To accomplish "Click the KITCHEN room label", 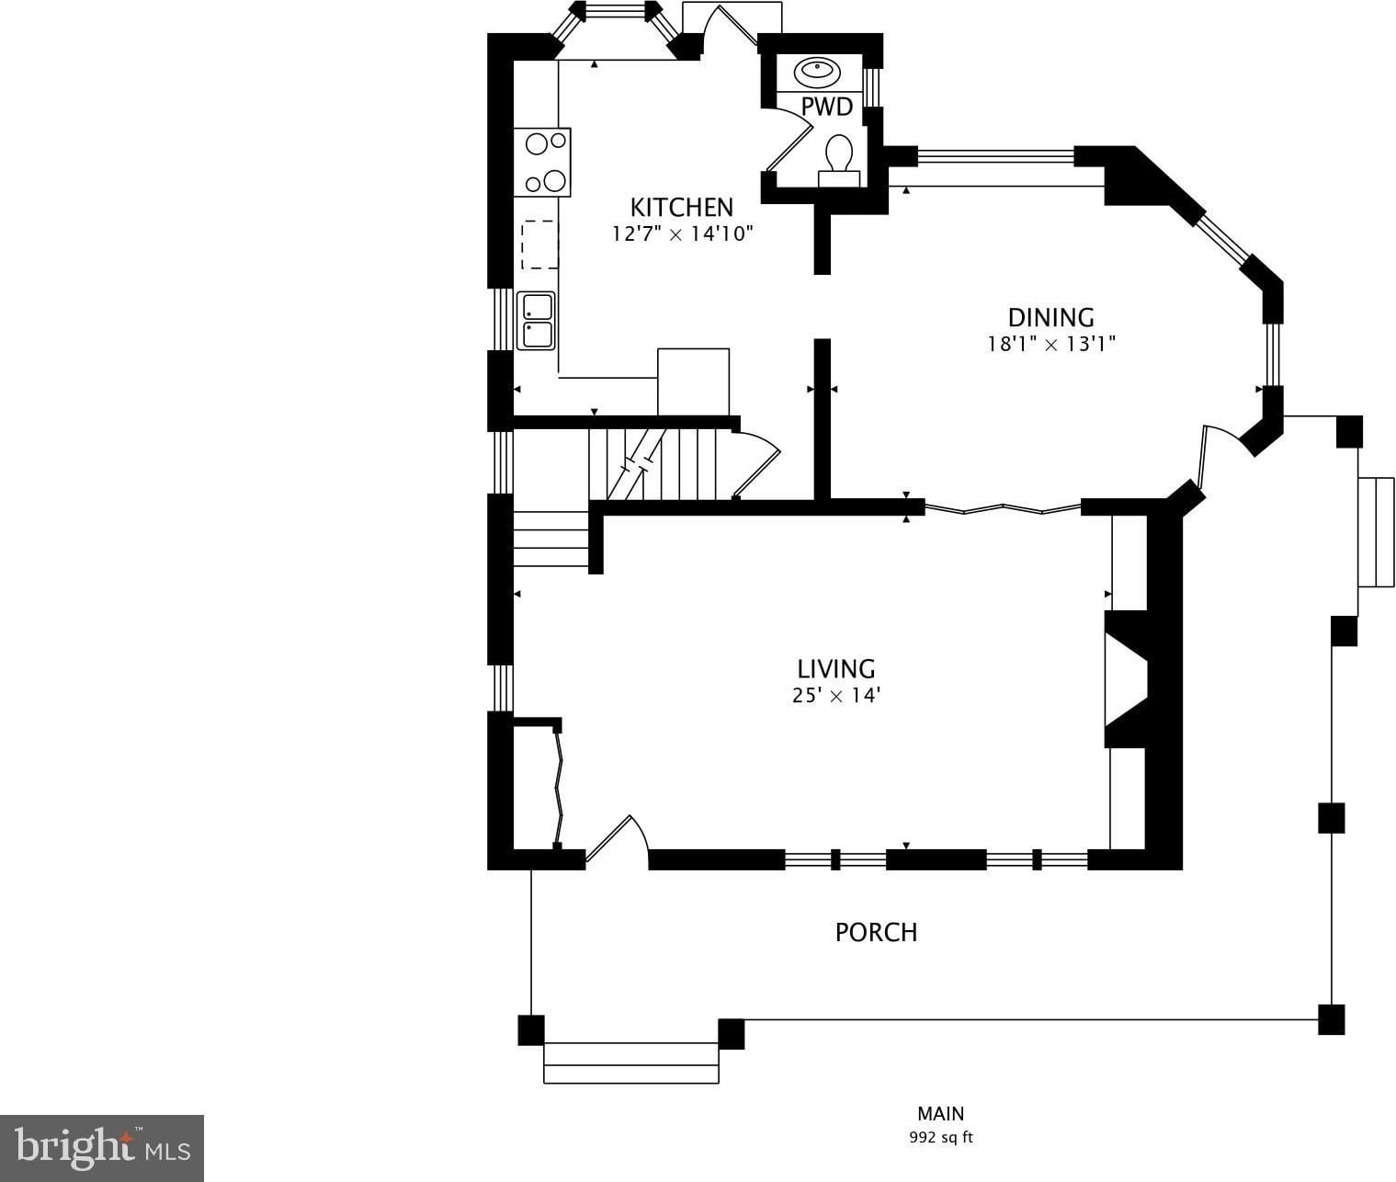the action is pyautogui.click(x=681, y=207).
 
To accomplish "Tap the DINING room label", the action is pyautogui.click(x=1050, y=317).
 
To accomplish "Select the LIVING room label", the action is pyautogui.click(x=836, y=669).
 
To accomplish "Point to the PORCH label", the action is pyautogui.click(x=876, y=932).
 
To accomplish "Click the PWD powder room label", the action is pyautogui.click(x=826, y=107).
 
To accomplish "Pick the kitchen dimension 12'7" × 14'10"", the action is pyautogui.click(x=682, y=233).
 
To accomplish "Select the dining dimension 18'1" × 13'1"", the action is pyautogui.click(x=1050, y=345).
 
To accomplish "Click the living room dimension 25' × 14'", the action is pyautogui.click(x=836, y=695).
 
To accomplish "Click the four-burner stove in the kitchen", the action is pyautogui.click(x=541, y=162).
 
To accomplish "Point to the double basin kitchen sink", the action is pyautogui.click(x=536, y=320).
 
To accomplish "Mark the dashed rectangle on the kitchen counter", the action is pyautogui.click(x=539, y=244).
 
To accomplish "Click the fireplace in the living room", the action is pyautogui.click(x=1126, y=679).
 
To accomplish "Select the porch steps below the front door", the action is pyautogui.click(x=630, y=1063).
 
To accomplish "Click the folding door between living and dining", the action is pyautogui.click(x=1003, y=508).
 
